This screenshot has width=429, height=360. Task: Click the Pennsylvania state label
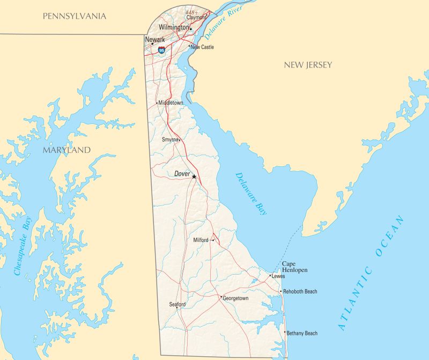[x=75, y=16]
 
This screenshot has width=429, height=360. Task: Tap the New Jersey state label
[x=308, y=65]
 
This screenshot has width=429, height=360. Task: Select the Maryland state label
[x=66, y=150]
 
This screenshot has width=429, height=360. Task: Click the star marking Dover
[x=194, y=177]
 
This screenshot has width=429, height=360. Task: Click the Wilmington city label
[x=174, y=27]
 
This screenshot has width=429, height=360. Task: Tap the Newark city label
[x=155, y=39]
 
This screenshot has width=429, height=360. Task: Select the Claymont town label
[x=196, y=17]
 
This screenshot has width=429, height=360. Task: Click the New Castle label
[x=203, y=47]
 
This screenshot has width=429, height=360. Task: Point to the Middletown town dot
[x=157, y=103]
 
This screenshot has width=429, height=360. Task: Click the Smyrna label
[x=170, y=139]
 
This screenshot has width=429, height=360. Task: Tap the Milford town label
[x=201, y=240]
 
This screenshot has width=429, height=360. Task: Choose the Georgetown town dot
[x=221, y=297]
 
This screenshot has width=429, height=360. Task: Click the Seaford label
[x=177, y=304]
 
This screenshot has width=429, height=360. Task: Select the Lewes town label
[x=278, y=276]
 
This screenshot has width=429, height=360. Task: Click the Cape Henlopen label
[x=294, y=267]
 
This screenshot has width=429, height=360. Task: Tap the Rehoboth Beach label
[x=300, y=292]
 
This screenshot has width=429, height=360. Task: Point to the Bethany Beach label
[x=302, y=333]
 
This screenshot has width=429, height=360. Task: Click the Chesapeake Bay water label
[x=24, y=246]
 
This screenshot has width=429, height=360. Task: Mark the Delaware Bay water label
[x=251, y=193]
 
